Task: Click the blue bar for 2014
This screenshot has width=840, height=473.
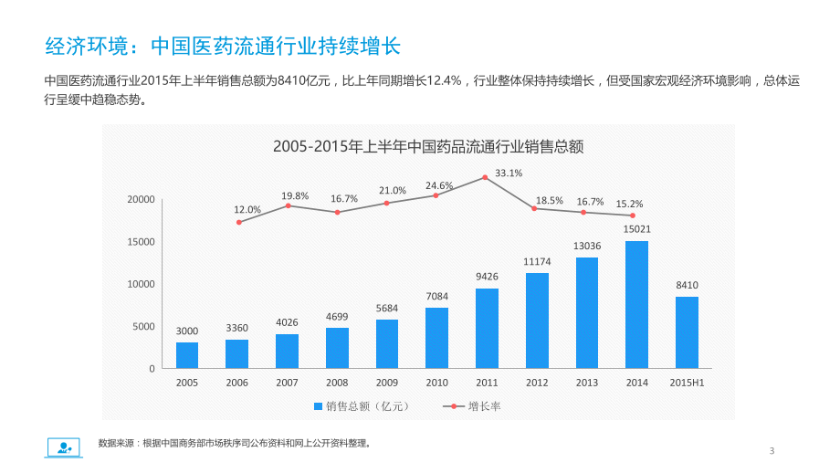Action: point(636,304)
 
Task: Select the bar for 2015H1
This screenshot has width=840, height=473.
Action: point(687,332)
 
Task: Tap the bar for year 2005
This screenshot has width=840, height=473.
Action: point(187,355)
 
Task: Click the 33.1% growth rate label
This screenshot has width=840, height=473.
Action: point(509,173)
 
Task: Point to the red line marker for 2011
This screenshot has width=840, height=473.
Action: point(487,177)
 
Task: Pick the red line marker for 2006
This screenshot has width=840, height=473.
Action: point(239,222)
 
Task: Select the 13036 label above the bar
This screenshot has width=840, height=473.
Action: point(587,246)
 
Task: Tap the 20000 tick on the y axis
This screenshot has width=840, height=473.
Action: point(140,199)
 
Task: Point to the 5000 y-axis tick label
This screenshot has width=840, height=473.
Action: point(143,326)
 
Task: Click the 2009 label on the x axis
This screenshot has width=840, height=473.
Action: point(387,383)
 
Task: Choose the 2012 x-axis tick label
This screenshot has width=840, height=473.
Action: point(537,383)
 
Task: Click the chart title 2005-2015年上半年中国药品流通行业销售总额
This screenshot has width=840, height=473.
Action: point(428,146)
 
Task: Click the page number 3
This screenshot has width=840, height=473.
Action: point(772,450)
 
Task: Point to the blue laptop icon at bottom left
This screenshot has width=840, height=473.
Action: point(63,447)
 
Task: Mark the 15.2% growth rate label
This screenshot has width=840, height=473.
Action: point(629,204)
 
